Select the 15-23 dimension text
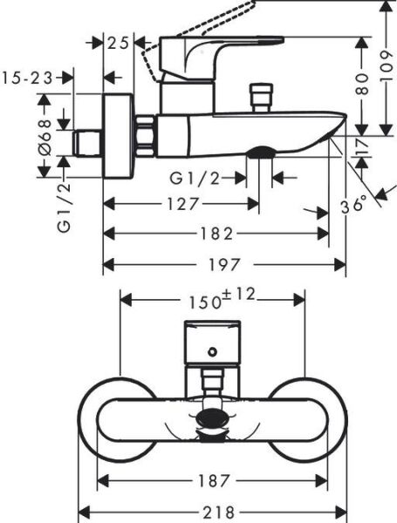(x=27, y=78)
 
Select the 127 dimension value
(x=182, y=204)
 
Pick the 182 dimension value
(x=216, y=234)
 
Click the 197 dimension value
(x=224, y=264)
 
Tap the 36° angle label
(x=353, y=206)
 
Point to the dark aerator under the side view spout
(x=260, y=154)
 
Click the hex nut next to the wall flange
(x=145, y=135)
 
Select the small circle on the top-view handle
(x=211, y=352)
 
